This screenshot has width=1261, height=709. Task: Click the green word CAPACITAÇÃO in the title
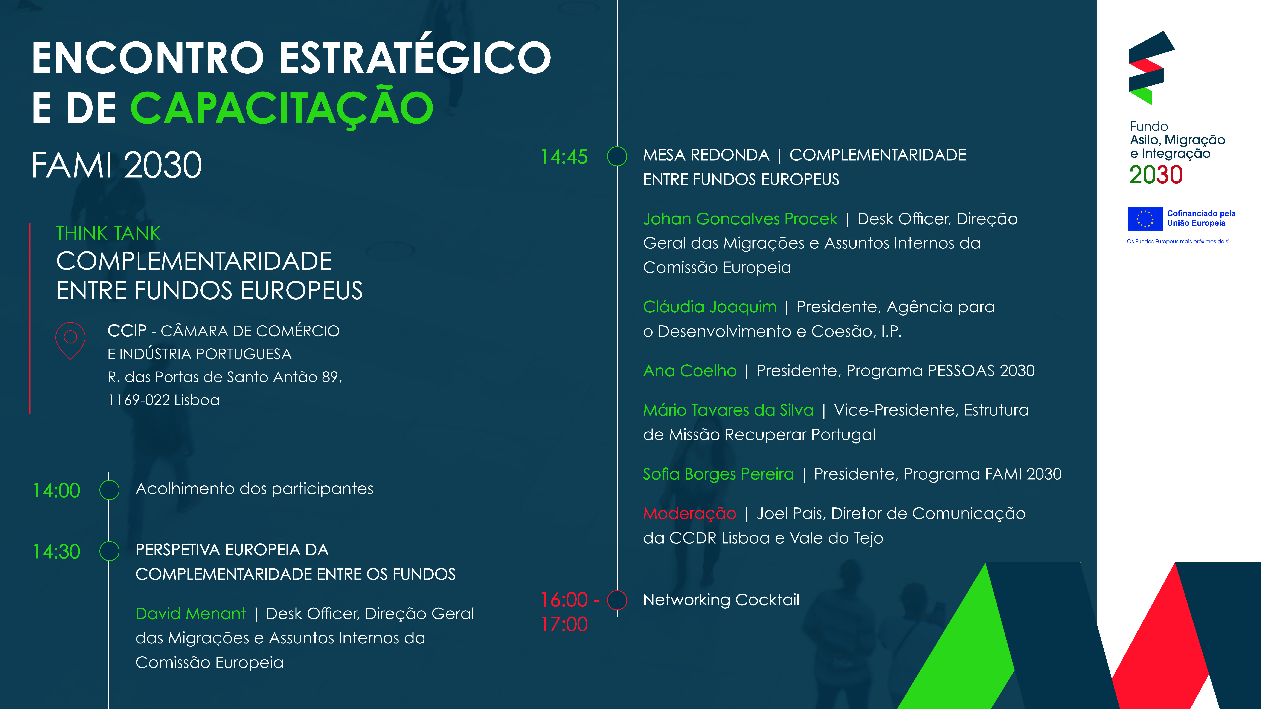(282, 108)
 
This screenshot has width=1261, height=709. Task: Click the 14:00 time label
(56, 490)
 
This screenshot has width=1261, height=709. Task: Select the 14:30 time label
(56, 551)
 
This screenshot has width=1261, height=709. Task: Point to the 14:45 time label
(564, 157)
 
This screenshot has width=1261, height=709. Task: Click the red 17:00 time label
(564, 624)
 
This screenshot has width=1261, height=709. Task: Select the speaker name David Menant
(190, 614)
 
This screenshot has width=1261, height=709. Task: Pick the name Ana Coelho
(690, 371)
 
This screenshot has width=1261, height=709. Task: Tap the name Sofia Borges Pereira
(718, 474)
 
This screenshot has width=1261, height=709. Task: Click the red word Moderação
(690, 514)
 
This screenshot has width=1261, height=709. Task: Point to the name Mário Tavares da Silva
(728, 410)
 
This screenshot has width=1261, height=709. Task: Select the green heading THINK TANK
(108, 233)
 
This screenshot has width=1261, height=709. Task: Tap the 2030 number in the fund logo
(1156, 175)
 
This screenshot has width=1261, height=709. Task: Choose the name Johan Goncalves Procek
(740, 219)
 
